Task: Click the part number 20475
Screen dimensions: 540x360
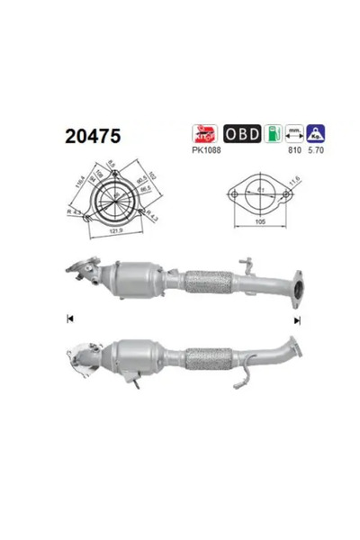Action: [92, 136]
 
